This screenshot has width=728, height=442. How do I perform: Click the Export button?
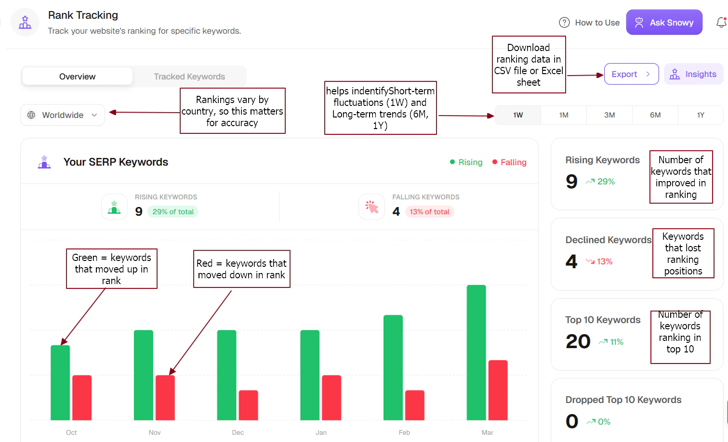tap(631, 74)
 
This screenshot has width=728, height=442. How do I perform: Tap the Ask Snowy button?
tap(664, 23)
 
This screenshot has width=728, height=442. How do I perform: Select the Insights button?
tap(693, 74)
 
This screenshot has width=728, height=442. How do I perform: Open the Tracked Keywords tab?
tap(189, 77)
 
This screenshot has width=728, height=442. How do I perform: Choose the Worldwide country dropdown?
tap(63, 115)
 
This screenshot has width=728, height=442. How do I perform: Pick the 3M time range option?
tap(609, 115)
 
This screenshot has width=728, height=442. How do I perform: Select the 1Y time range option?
tap(700, 115)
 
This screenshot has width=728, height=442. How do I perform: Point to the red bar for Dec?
tap(248, 405)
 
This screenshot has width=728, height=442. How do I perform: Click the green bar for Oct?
tap(60, 383)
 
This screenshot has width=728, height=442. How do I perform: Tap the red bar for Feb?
tap(414, 405)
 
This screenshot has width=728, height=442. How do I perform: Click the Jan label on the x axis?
tap(321, 432)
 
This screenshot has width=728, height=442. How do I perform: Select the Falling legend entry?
tap(509, 162)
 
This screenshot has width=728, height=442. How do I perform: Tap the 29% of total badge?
tap(173, 212)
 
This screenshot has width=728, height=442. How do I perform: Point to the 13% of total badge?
tap(429, 212)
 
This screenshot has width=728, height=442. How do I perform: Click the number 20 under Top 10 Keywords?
tap(578, 341)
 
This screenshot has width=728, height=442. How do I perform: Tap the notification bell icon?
tap(721, 23)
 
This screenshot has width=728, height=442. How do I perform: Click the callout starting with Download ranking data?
tap(529, 65)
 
